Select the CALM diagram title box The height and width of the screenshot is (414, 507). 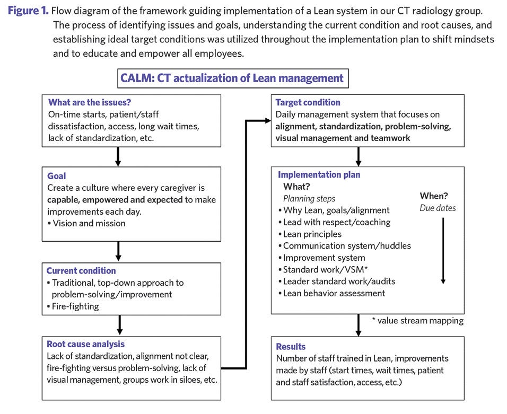coord(233,78)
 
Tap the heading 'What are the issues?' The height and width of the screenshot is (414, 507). coord(90,102)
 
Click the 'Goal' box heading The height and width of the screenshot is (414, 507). coord(57,175)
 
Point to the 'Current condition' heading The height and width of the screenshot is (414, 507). coord(81,270)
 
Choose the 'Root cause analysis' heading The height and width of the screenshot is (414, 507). coord(86,344)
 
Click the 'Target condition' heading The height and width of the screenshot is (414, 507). coord(308,102)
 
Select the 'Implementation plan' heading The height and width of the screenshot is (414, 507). coord(319,174)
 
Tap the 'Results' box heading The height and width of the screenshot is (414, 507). coord(291,346)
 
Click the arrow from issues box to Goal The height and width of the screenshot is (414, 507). coord(118,156)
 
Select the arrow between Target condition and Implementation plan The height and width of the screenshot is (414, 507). coord(359,156)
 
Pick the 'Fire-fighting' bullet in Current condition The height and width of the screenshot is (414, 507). coord(75,306)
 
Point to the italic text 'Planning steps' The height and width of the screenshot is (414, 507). coord(309,198)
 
